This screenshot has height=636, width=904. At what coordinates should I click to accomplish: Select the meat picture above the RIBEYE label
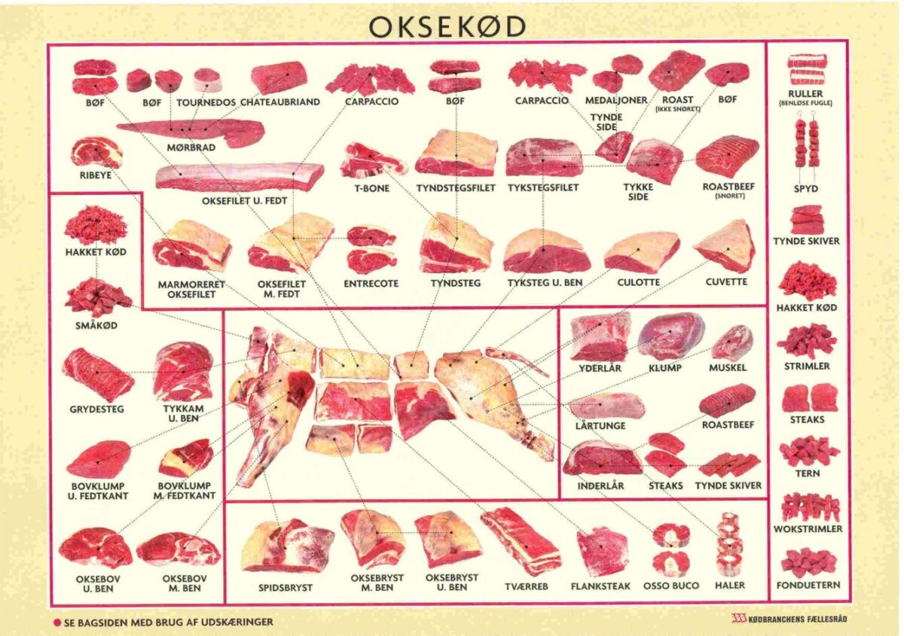click(x=96, y=152)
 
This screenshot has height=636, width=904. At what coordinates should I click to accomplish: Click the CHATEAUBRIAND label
click(x=281, y=102)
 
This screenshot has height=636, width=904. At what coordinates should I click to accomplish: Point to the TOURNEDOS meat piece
click(x=206, y=79)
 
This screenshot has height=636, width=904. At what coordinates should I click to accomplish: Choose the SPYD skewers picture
click(x=806, y=143)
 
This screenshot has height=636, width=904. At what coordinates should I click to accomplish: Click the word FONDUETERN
click(x=808, y=585)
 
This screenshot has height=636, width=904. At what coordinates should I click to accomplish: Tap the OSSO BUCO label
click(x=670, y=585)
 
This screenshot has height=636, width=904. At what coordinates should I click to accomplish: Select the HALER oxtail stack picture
click(x=728, y=543)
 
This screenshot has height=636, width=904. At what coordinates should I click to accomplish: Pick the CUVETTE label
click(x=726, y=281)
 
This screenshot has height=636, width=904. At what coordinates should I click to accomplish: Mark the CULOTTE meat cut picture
click(x=641, y=253)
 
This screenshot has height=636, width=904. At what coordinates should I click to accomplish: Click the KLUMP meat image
click(x=670, y=336)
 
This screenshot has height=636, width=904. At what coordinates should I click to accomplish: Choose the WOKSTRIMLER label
click(x=808, y=529)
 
